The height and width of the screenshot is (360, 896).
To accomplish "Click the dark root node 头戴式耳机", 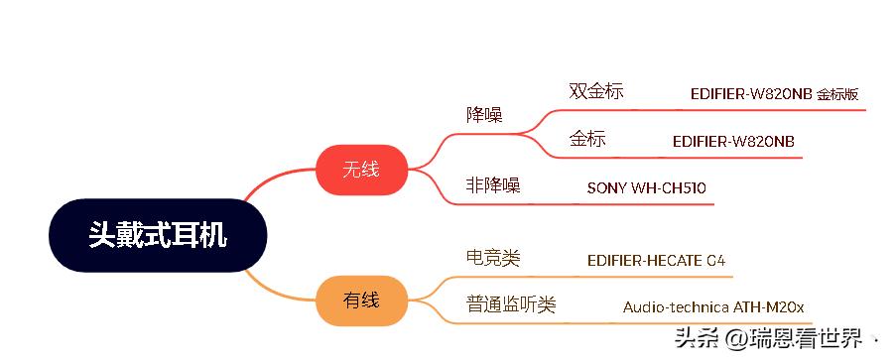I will (158, 235).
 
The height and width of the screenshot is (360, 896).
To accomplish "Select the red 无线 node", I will (361, 169).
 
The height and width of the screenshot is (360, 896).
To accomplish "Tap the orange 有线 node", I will (361, 300).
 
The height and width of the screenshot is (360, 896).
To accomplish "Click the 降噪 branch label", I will (484, 114).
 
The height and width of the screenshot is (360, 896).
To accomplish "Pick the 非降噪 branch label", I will (493, 184).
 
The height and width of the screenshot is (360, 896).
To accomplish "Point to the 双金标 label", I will (596, 91).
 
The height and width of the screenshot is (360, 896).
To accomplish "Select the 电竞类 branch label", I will (493, 258).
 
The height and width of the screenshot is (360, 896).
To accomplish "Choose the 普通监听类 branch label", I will (511, 304).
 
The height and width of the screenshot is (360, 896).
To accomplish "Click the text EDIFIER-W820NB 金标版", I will (774, 95).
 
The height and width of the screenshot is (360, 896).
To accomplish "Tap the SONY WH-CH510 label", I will (646, 187).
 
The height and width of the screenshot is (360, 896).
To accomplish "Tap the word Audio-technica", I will (676, 306).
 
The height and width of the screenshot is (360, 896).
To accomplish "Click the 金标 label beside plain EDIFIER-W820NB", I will (587, 139).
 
